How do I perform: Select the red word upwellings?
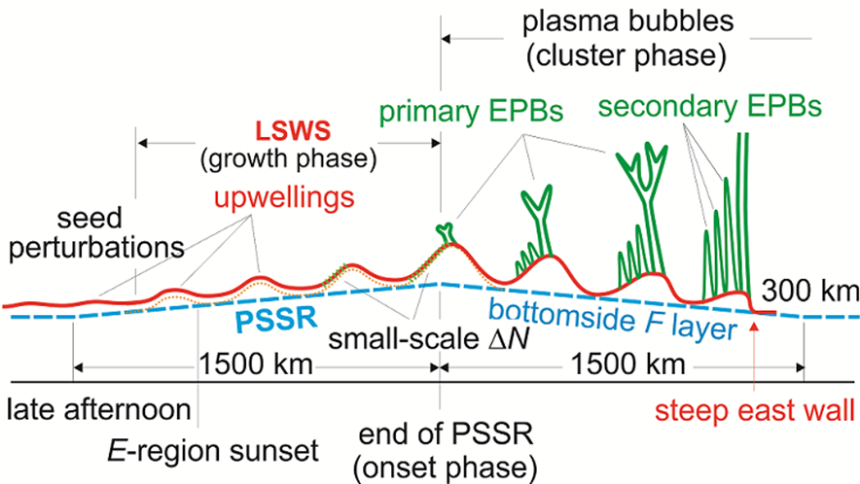(283, 198)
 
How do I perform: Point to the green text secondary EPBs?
(710, 104)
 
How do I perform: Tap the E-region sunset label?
(211, 452)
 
